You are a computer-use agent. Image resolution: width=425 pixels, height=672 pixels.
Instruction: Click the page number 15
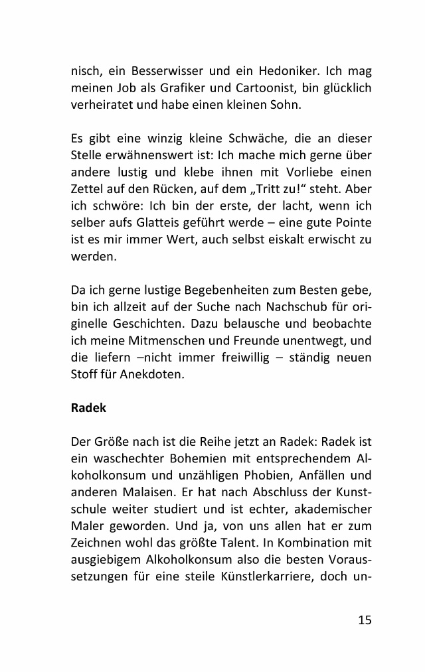pos(365,620)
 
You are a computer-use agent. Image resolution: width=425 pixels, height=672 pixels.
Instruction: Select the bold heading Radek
pos(88,408)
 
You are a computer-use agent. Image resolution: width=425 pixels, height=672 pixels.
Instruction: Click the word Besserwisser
pos(163,70)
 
